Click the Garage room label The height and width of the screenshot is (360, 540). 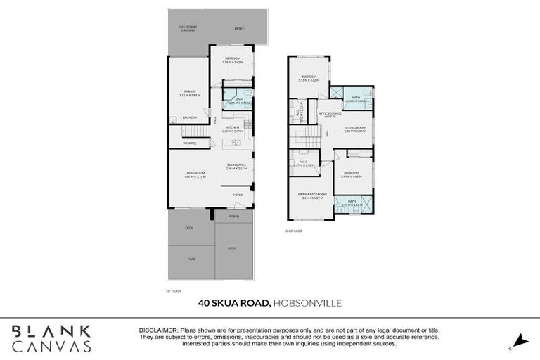point(190,91)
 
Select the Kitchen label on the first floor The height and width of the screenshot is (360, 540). point(232,128)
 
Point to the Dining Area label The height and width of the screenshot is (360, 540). point(236,165)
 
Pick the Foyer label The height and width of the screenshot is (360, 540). point(238,194)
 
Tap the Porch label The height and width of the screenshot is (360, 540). point(234,217)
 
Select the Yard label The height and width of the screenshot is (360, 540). point(191,259)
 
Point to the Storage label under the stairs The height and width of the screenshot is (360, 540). point(190,143)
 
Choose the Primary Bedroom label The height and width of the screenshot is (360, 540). point(307,197)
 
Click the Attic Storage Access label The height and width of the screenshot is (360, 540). point(330,114)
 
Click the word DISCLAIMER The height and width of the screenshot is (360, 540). point(158,330)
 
